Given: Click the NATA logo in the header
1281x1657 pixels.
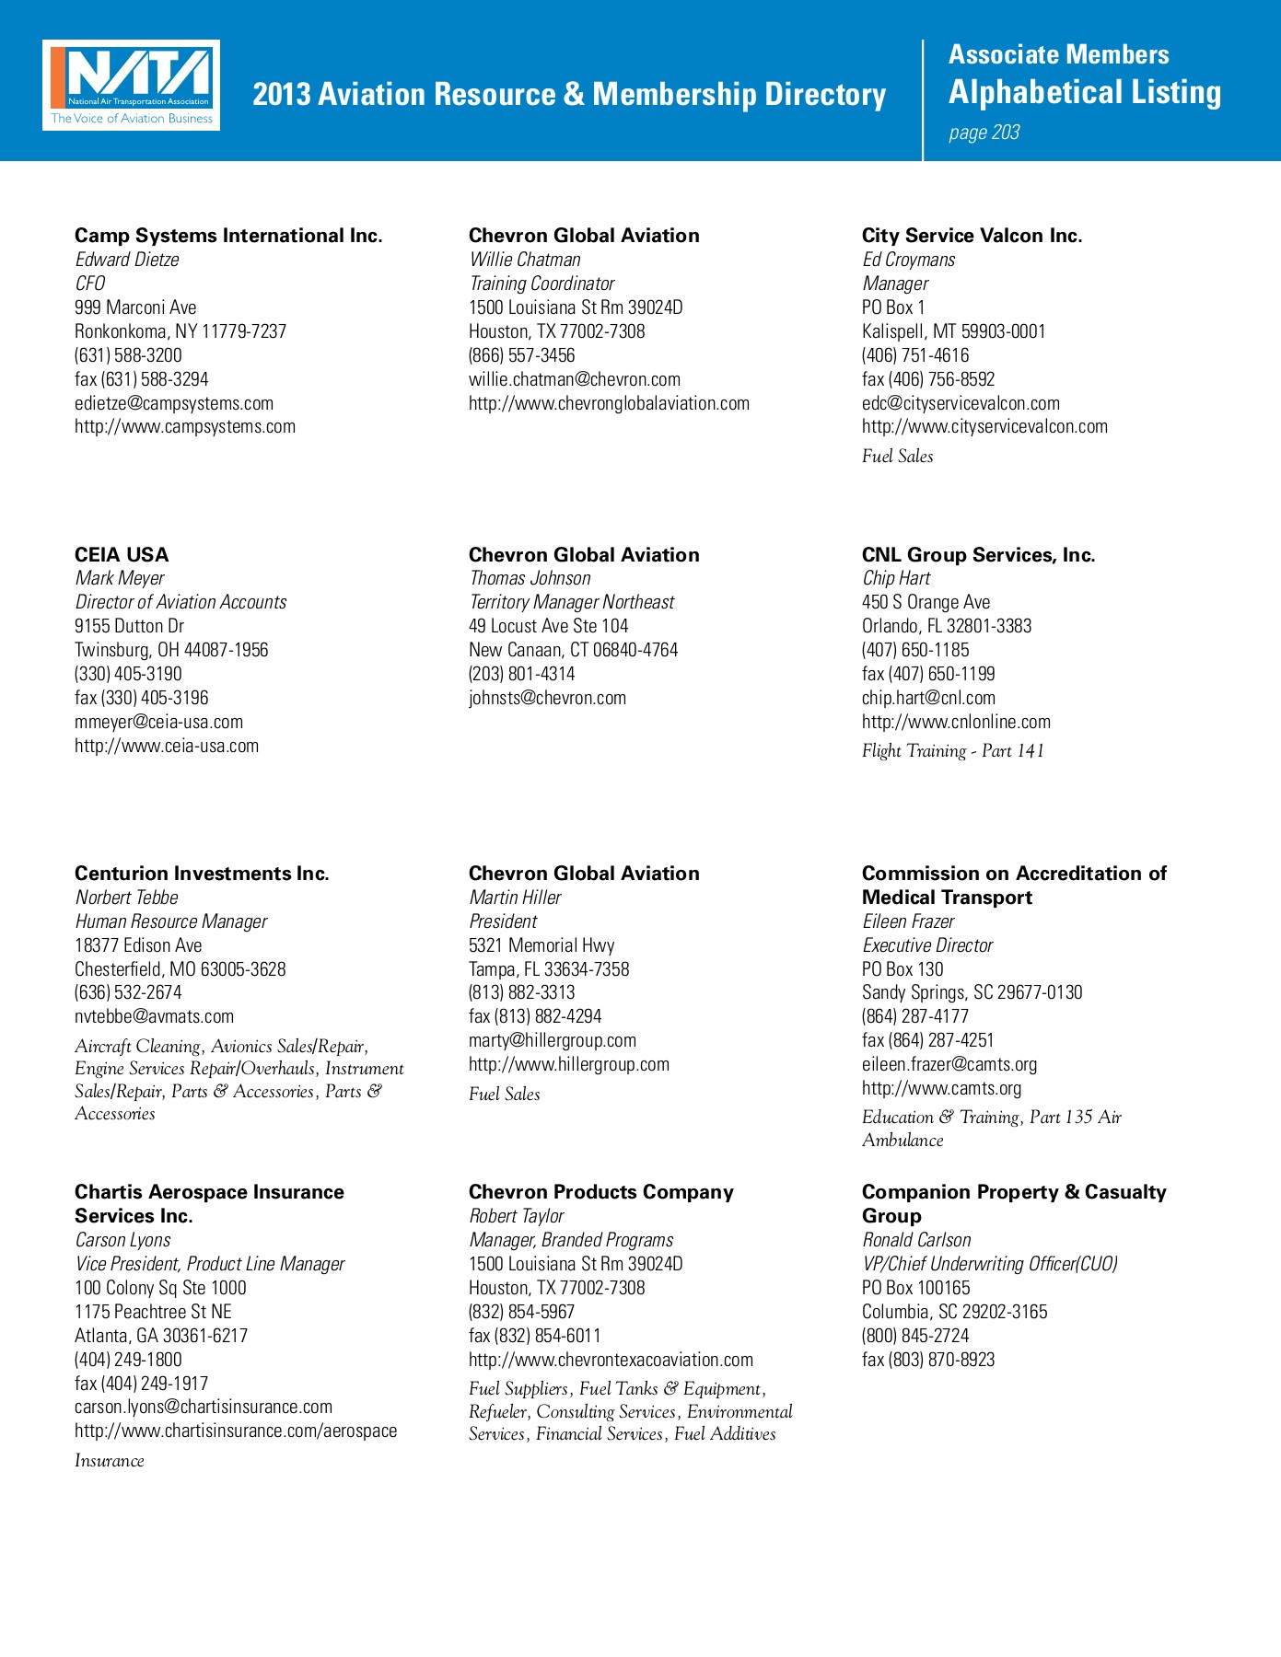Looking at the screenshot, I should pos(131,85).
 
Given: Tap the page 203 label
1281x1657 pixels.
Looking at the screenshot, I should pos(984,133).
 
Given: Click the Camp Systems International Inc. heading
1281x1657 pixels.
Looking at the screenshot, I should pos(228,236).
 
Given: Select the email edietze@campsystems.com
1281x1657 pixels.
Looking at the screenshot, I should pos(174,403).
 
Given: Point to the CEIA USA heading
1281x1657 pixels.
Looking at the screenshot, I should pos(122,555).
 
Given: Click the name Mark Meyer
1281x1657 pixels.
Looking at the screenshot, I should pos(120,578).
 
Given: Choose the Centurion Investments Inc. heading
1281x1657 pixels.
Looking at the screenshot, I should pos(202,874).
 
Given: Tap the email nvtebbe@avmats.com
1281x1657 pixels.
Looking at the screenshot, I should pos(155,1016).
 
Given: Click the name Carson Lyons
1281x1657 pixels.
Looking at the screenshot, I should pos(122,1240).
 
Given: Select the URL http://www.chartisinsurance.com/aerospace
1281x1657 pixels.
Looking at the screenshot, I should pos(236,1431).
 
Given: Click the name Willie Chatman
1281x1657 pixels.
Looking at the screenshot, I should pos(525,260).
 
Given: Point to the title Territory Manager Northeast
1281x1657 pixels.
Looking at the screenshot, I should pos(572,602).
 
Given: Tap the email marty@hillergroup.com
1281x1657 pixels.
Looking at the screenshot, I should pos(553,1040).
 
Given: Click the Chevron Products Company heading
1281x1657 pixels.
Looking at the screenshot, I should pos(601,1192).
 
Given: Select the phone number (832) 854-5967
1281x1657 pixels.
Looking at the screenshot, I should pos(521,1312).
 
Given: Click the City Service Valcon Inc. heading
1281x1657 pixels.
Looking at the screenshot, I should pos(972,236).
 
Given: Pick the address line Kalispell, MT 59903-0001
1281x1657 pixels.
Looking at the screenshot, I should pos(953,331).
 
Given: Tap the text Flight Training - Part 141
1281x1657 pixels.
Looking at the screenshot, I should pos(952,751).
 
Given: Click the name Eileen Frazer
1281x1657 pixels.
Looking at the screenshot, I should pos(908,921).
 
